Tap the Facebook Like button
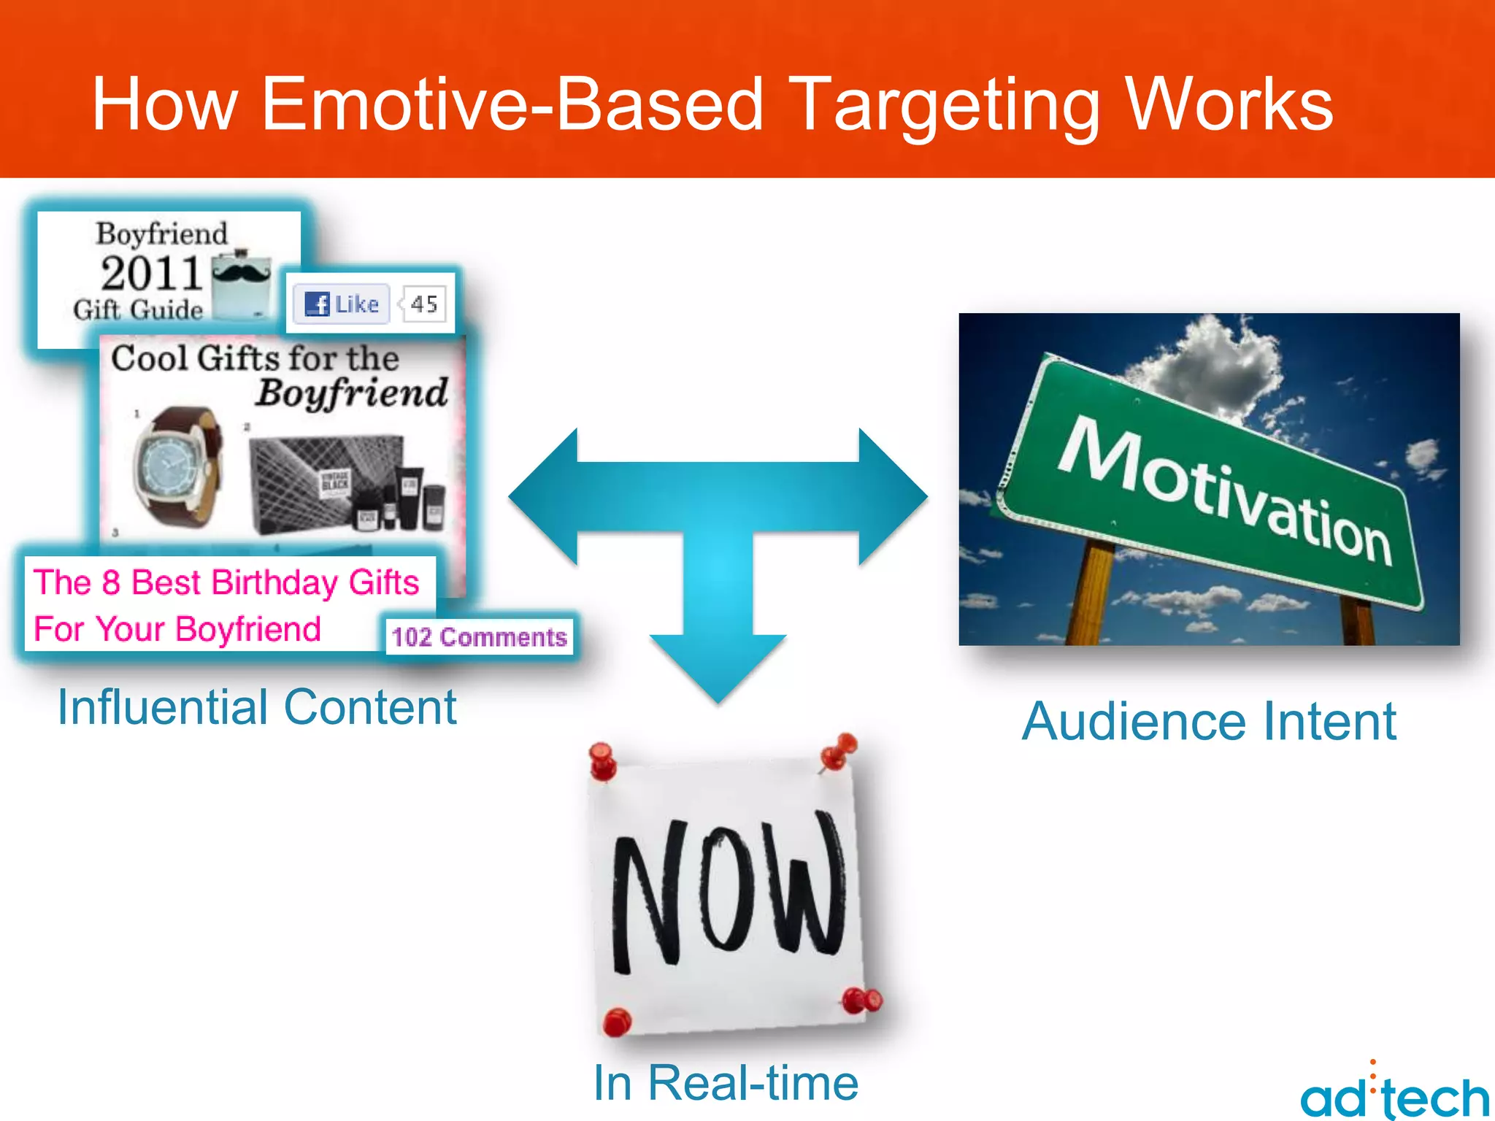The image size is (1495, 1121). (342, 304)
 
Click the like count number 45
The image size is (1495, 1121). (424, 304)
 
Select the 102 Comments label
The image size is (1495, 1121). (479, 637)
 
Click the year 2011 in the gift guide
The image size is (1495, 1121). (151, 274)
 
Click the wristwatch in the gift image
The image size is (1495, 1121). (175, 467)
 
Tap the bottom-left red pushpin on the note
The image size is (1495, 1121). (618, 1021)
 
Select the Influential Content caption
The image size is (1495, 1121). (257, 707)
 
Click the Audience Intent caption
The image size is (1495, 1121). (1209, 722)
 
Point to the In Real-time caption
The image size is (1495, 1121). (726, 1083)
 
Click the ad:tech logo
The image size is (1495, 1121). (1394, 1095)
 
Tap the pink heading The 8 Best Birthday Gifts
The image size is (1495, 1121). (226, 582)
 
